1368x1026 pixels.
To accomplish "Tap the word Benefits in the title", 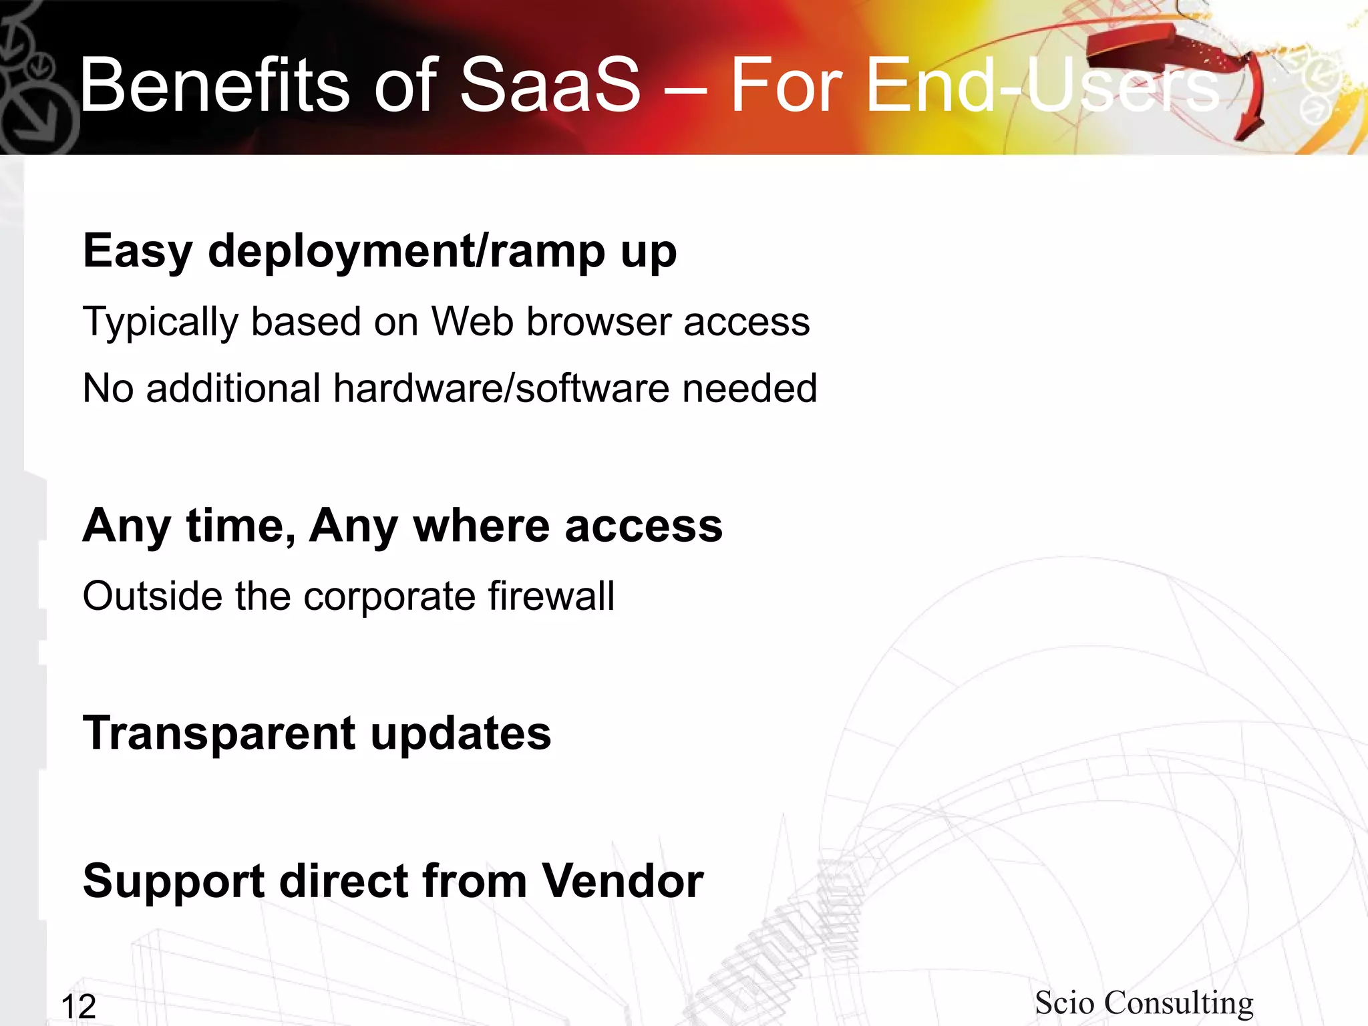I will (214, 85).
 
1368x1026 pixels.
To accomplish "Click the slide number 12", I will (78, 1006).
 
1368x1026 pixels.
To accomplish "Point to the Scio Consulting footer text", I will (1144, 1003).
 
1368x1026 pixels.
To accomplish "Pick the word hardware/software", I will (502, 388).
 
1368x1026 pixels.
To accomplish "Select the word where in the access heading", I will (481, 526).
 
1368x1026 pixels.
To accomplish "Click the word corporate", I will (389, 595).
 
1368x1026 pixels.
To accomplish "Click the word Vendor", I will (622, 880).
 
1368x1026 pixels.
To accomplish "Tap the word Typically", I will (160, 323).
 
